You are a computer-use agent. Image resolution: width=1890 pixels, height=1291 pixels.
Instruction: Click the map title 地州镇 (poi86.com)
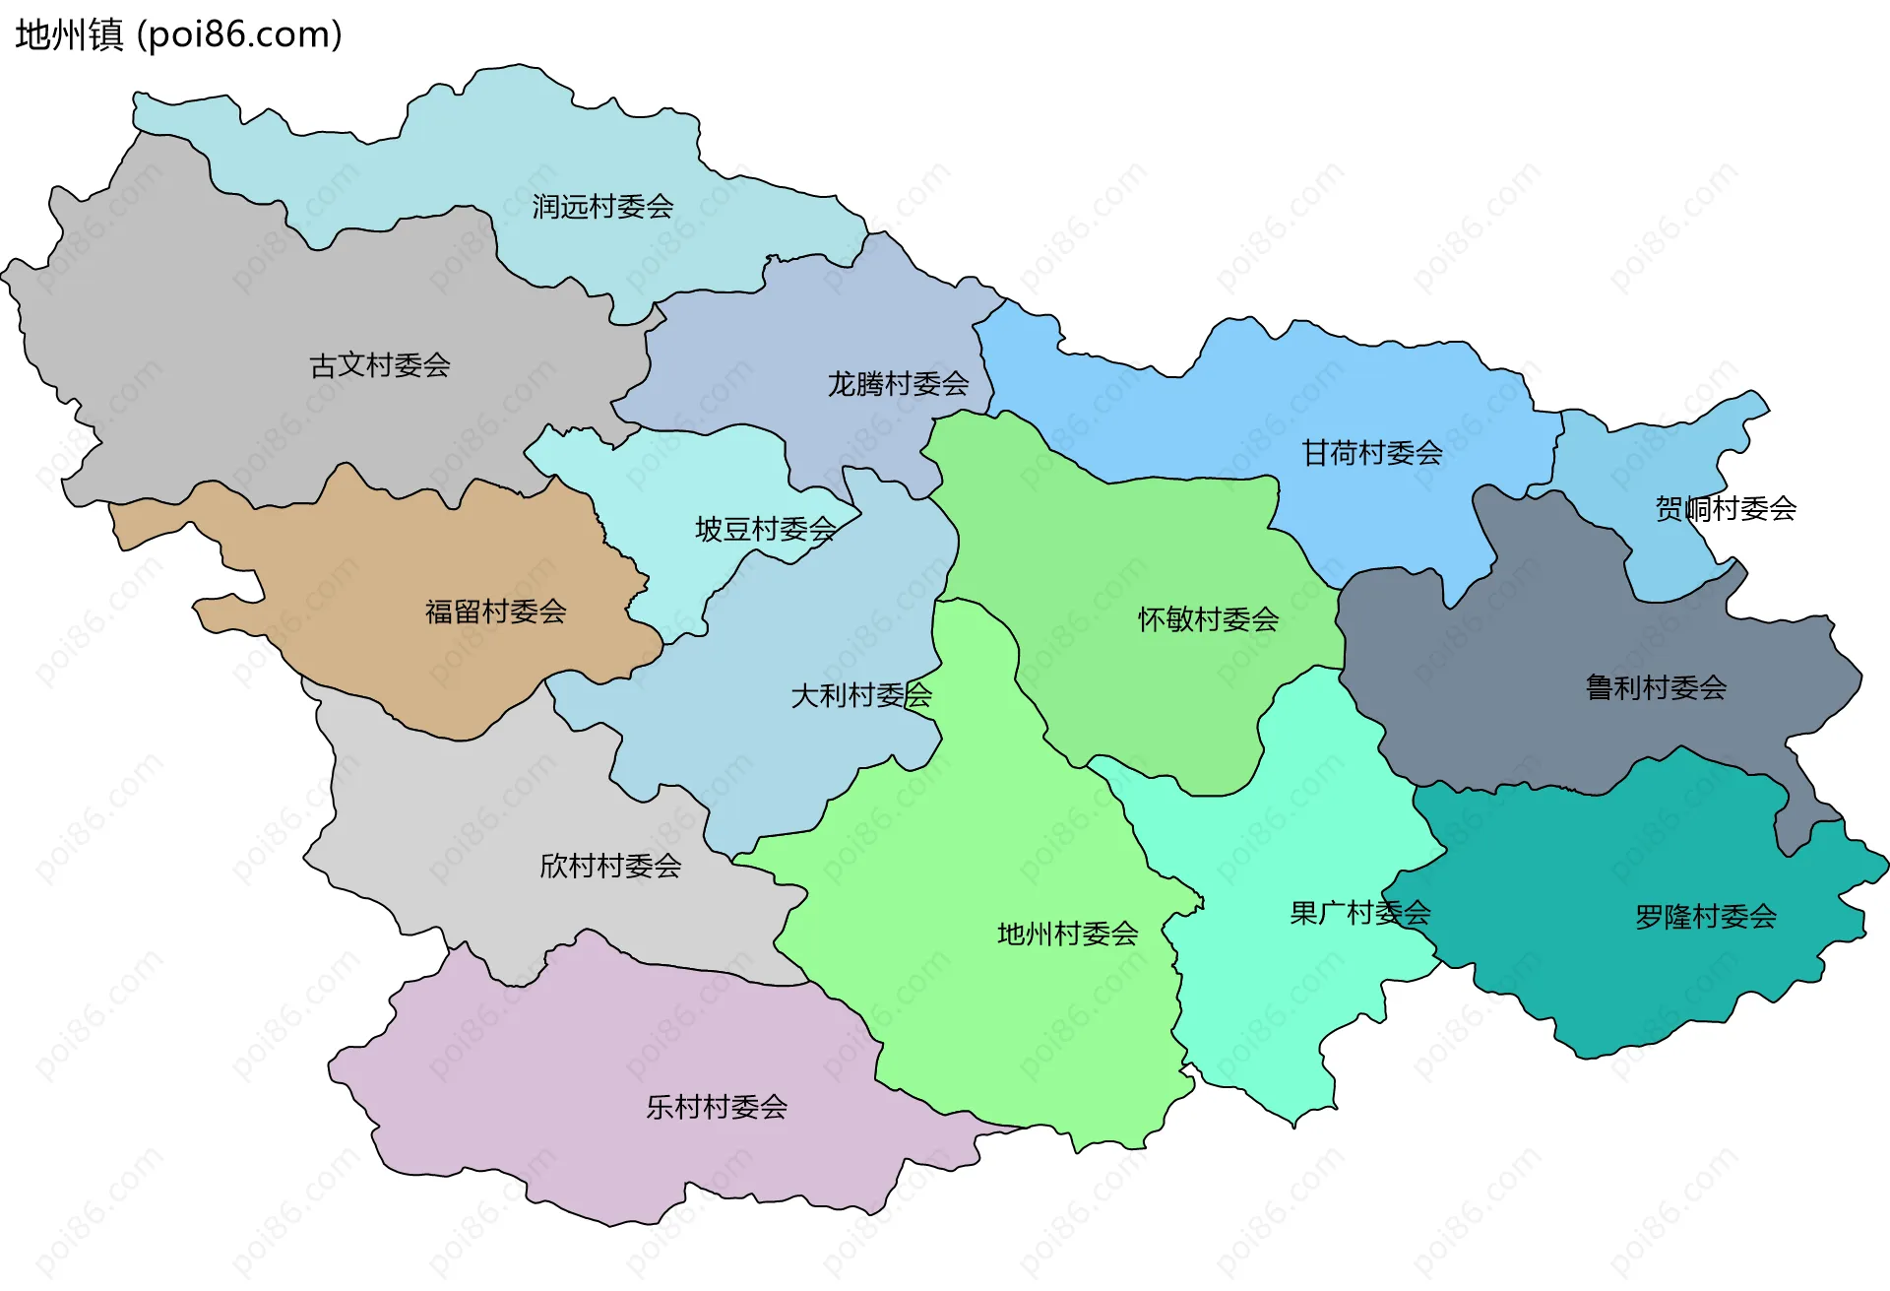coord(178,34)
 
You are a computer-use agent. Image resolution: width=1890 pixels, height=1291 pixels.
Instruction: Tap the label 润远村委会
coord(602,207)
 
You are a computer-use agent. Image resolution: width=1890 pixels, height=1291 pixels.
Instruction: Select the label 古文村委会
coord(380,366)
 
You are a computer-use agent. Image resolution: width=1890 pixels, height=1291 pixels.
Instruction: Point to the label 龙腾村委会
coord(898,384)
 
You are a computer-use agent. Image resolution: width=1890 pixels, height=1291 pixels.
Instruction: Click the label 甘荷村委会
coord(1372,453)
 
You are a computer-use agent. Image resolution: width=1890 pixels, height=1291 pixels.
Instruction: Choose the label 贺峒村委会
coord(1726,509)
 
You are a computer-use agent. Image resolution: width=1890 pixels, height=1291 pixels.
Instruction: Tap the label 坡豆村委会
coord(766,530)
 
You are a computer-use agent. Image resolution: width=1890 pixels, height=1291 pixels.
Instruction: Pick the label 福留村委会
coord(495,613)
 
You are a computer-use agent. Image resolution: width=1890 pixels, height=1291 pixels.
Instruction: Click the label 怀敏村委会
coord(1208,619)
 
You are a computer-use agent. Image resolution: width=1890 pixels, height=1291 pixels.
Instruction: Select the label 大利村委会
coord(861,696)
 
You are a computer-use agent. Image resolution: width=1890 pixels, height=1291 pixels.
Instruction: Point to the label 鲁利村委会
coord(1656,687)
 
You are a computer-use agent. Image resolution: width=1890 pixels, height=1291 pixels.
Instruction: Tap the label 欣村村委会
coord(610,867)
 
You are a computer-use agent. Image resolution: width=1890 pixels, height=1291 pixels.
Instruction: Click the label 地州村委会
coord(1067,934)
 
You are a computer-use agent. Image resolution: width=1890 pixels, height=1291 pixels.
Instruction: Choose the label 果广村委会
coord(1359,914)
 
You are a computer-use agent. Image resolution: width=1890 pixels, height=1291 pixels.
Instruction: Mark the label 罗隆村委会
coord(1705,918)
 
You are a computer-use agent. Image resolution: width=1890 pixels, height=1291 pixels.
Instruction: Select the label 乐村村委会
coord(717,1108)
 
